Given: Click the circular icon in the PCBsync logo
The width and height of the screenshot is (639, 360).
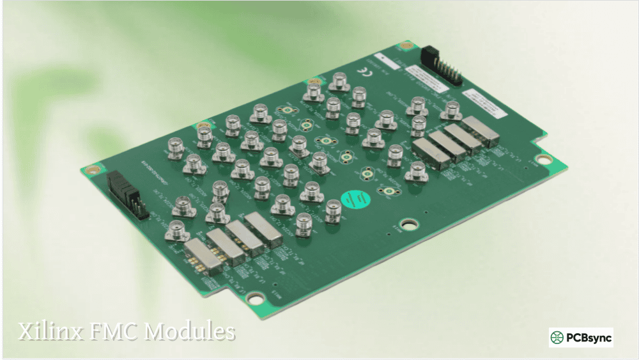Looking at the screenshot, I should (558, 337).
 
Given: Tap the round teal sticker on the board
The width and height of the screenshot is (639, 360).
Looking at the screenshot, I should (355, 199).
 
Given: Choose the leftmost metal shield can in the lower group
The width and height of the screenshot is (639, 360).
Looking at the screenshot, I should (204, 256).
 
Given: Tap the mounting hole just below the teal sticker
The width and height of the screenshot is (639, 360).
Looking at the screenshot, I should (409, 224).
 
